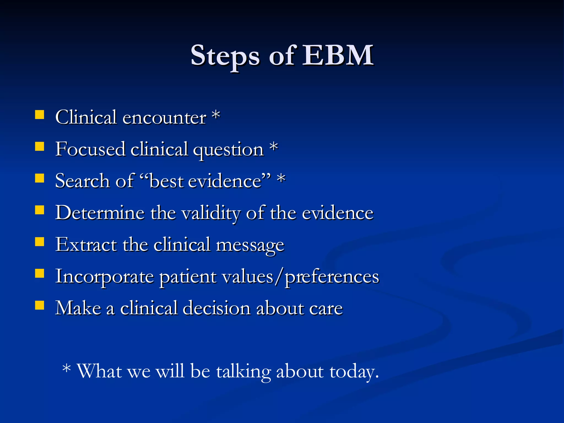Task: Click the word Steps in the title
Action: tap(225, 56)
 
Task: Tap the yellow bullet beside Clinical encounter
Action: tap(40, 115)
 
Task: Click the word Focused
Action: tap(90, 149)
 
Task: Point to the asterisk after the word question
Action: tap(273, 147)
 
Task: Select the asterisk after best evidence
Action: tap(281, 178)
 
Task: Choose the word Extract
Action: tap(86, 244)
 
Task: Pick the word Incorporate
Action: tap(104, 276)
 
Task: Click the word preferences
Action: tap(332, 276)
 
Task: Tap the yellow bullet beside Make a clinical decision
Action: tap(40, 305)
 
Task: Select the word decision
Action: tap(216, 308)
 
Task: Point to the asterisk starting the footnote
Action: tap(67, 369)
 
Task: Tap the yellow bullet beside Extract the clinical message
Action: tap(40, 242)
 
